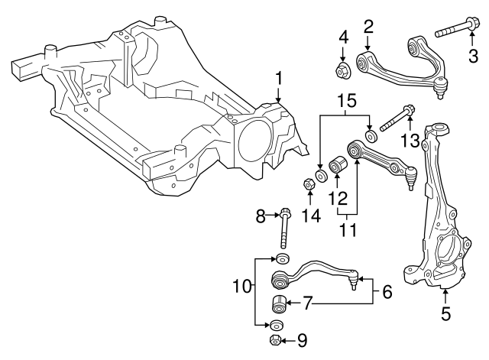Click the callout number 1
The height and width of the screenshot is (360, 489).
(x=279, y=77)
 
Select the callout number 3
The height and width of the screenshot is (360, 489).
(x=474, y=55)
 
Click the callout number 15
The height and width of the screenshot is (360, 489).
(x=347, y=101)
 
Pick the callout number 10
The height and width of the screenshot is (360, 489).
(x=242, y=287)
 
